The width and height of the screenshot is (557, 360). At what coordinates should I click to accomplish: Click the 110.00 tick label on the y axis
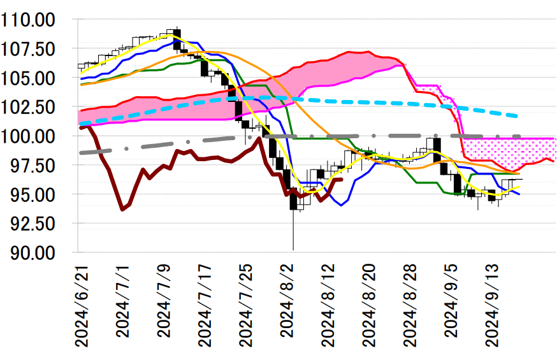38,20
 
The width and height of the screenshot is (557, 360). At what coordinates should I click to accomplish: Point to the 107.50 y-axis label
38,49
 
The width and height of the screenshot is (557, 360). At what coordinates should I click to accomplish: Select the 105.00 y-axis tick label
38,78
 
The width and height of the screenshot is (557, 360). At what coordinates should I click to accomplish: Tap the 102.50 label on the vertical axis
38,107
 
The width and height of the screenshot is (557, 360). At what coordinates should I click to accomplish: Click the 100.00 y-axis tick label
38,136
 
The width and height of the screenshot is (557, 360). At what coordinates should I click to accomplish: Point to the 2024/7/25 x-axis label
246,305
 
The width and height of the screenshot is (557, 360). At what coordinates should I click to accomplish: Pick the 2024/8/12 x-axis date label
328,305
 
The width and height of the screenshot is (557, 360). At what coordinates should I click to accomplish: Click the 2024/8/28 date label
409,305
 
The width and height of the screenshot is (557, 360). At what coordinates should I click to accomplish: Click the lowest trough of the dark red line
122,209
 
